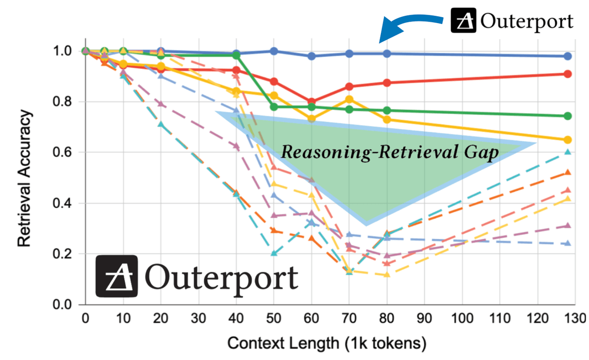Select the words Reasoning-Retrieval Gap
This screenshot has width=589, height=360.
(x=390, y=152)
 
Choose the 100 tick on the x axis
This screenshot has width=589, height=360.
(x=462, y=319)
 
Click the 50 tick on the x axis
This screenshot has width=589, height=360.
(x=274, y=319)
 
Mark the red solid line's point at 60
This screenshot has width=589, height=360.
(x=311, y=102)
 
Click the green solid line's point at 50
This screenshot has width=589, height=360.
(x=274, y=107)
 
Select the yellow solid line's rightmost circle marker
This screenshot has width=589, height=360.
(x=568, y=140)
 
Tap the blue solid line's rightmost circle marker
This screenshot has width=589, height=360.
(x=568, y=56)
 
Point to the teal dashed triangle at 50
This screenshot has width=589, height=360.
(x=274, y=254)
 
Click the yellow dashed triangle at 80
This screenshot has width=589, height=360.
(x=387, y=275)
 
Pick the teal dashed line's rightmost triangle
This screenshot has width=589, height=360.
(x=568, y=152)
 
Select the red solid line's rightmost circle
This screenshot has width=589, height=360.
(x=568, y=74)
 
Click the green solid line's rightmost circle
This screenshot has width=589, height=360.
(x=568, y=116)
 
